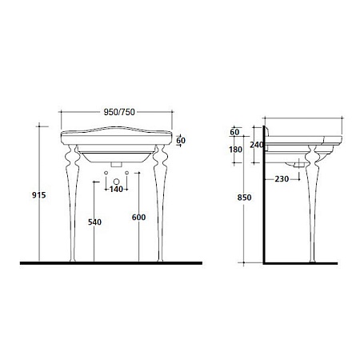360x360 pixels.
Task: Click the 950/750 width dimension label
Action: (119, 112)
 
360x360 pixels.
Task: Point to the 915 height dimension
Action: (39, 195)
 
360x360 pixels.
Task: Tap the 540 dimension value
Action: (94, 222)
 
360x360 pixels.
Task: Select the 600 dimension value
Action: (138, 218)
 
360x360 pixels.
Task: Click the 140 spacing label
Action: (116, 189)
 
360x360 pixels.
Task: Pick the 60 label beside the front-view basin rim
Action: (181, 140)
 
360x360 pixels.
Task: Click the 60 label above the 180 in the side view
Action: (234, 132)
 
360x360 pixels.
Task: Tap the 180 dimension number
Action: (235, 150)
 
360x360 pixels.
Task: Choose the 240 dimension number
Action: (257, 145)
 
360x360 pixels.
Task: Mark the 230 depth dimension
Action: (282, 179)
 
